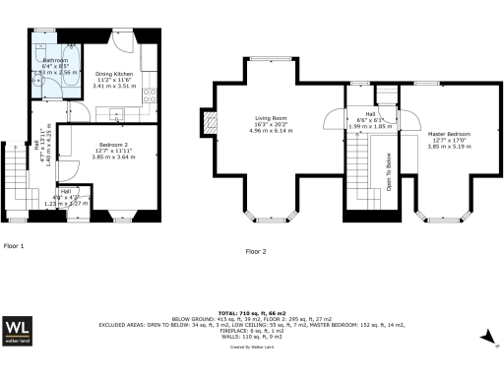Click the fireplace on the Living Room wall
click(x=208, y=122)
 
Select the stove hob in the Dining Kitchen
click(x=151, y=95)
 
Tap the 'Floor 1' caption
click(x=14, y=244)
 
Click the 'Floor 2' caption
click(x=256, y=251)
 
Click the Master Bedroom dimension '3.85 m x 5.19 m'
click(x=449, y=145)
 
